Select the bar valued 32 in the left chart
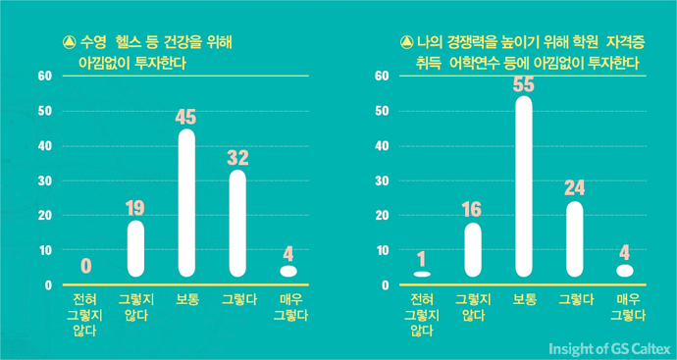[237, 223]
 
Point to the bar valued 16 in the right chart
[473, 250]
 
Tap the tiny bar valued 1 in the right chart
[422, 274]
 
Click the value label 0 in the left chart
[86, 265]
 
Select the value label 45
[186, 117]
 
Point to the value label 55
[524, 84]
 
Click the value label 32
[237, 158]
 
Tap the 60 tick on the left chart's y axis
[44, 77]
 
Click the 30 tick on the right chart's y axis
[383, 180]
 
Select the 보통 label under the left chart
[186, 298]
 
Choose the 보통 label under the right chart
[524, 298]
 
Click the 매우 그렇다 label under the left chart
[288, 306]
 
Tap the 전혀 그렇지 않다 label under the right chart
[422, 314]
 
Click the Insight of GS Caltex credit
[607, 347]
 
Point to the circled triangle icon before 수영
[69, 43]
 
